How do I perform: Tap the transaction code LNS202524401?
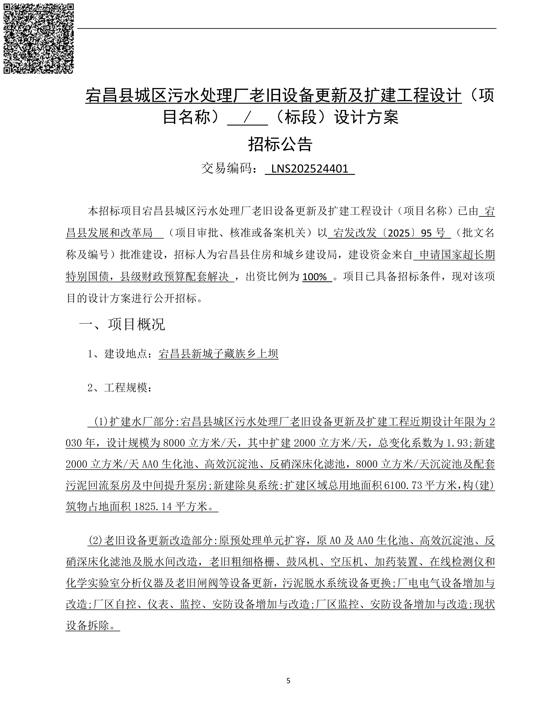tap(310, 169)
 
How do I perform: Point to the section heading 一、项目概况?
tap(122, 324)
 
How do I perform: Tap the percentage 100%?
tap(315, 277)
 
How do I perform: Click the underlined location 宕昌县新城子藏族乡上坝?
tap(218, 354)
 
